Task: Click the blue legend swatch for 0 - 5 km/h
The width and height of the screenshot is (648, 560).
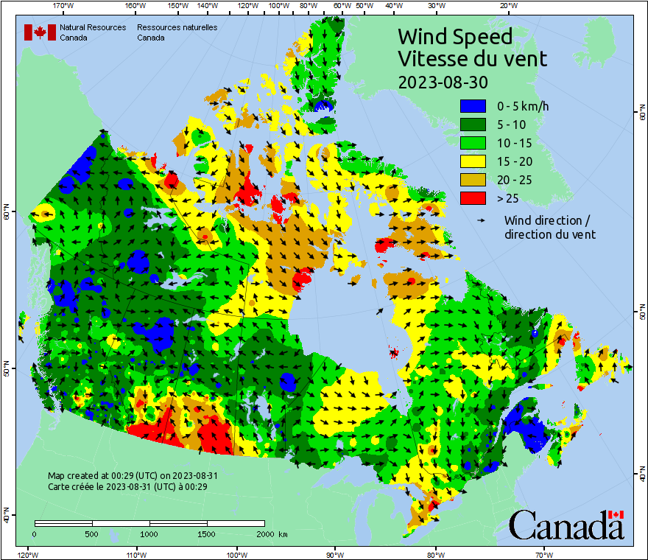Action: point(473,106)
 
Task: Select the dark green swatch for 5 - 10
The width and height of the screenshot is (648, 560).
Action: point(473,125)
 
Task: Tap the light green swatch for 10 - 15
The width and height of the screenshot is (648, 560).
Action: point(473,143)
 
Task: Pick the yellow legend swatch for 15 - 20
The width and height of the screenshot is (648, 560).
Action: point(473,161)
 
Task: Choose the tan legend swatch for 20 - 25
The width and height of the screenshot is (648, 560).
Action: point(473,180)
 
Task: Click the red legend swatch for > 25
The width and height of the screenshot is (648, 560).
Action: point(473,198)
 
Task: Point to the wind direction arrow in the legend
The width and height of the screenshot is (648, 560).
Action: point(482,220)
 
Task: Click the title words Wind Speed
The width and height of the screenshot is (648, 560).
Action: point(454,36)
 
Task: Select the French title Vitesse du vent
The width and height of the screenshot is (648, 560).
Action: point(472,58)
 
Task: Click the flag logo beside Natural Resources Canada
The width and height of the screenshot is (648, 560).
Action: point(40,32)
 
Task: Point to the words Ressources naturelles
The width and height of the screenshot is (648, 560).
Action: point(177,27)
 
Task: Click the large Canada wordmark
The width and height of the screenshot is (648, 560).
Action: point(566,526)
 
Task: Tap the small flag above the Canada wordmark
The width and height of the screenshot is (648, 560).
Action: point(616,514)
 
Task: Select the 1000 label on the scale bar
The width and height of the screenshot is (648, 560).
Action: point(149,533)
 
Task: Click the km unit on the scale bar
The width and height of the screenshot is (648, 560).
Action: point(283,533)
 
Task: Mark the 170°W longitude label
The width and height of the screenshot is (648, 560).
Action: point(64,6)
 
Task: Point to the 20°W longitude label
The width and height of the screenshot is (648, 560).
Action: point(507,6)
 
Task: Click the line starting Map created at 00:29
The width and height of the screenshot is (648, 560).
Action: point(133,476)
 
